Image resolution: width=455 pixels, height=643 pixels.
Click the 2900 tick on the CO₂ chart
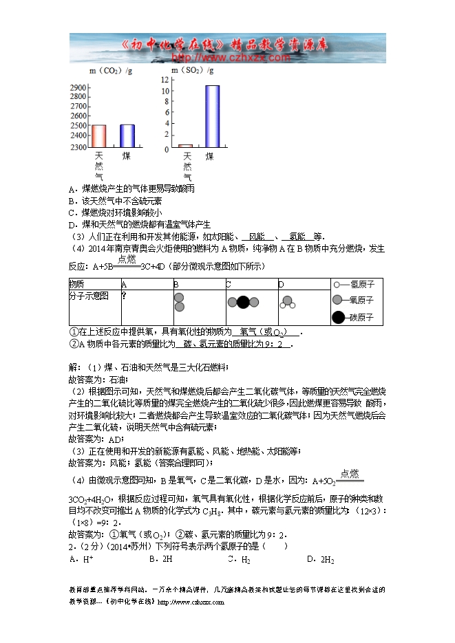(78, 88)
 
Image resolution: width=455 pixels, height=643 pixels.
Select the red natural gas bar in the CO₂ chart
(98, 136)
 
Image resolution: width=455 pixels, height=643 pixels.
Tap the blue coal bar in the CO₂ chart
(127, 135)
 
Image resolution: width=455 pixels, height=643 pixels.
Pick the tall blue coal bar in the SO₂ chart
(212, 116)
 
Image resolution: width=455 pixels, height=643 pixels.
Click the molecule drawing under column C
(242, 302)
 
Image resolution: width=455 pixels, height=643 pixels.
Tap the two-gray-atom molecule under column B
(179, 302)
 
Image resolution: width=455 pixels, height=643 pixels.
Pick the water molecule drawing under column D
(287, 302)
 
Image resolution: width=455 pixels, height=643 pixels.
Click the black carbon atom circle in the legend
(338, 317)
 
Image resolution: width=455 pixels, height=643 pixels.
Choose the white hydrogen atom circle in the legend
(337, 284)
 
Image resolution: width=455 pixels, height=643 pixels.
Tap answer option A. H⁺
(81, 560)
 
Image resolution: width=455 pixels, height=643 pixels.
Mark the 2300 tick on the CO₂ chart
(78, 148)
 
